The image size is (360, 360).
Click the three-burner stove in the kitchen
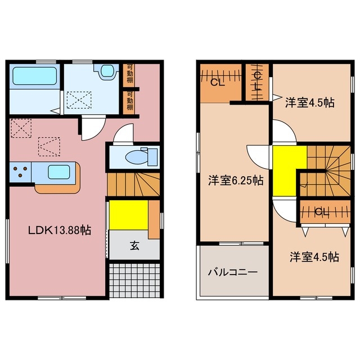click(21, 171)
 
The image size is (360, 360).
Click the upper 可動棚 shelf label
click(129, 74)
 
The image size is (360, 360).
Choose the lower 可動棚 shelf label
click(129, 101)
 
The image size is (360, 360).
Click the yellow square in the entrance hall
click(129, 215)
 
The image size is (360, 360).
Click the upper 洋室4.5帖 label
click(309, 102)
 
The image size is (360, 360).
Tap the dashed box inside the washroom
click(78, 101)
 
